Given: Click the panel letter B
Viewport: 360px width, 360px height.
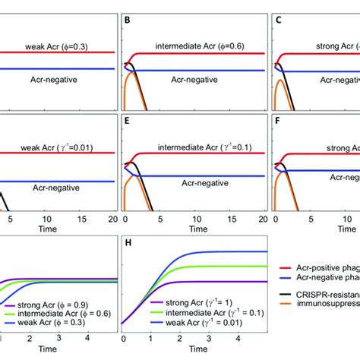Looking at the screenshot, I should coord(128,22).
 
